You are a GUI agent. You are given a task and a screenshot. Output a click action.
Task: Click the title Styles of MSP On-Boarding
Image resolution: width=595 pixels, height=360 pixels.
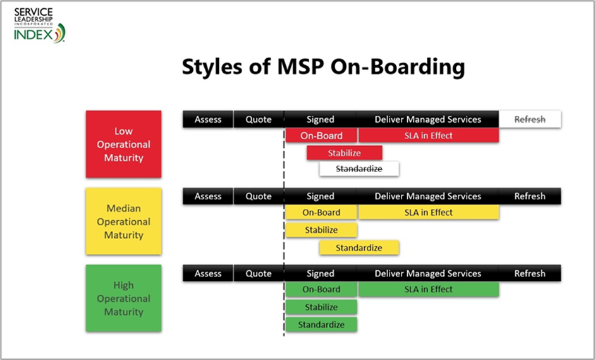(x=323, y=66)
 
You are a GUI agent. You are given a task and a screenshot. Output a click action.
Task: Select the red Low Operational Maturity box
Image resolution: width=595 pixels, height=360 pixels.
(x=124, y=144)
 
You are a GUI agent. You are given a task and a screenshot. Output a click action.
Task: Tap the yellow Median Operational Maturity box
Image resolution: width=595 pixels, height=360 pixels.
(x=124, y=221)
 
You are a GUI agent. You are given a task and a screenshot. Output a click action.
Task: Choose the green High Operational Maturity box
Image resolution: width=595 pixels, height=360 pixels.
(x=124, y=299)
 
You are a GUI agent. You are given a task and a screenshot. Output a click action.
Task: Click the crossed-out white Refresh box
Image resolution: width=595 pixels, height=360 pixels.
(x=530, y=119)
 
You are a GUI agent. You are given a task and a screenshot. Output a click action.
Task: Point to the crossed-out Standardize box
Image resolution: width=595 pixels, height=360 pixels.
(x=359, y=169)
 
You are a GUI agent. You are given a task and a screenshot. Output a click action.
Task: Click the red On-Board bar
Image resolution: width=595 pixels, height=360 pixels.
(x=321, y=135)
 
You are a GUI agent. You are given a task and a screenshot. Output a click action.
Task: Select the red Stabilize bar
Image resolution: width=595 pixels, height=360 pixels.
(x=345, y=152)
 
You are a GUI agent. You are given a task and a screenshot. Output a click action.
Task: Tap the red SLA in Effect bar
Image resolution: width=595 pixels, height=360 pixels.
(x=429, y=135)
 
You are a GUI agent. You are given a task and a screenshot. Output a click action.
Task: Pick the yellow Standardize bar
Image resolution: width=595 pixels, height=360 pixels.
(x=359, y=247)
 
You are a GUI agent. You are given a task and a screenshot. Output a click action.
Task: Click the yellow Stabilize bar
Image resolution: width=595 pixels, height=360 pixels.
(x=321, y=230)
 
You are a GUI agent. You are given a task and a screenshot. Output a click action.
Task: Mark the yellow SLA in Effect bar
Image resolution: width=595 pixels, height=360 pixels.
(x=429, y=213)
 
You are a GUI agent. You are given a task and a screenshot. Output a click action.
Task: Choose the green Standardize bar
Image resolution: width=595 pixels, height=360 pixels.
(x=321, y=325)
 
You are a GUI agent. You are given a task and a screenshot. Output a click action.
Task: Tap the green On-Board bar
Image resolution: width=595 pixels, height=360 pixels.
(x=321, y=289)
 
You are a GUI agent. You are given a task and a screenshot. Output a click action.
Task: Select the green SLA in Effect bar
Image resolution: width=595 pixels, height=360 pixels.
(x=429, y=289)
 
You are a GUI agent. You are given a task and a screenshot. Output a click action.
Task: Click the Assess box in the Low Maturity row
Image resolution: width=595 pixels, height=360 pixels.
(x=208, y=119)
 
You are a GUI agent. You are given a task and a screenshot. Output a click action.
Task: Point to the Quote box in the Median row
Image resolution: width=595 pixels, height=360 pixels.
(x=259, y=196)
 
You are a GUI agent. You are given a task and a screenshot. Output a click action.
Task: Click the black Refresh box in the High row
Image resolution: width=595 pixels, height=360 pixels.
(x=530, y=273)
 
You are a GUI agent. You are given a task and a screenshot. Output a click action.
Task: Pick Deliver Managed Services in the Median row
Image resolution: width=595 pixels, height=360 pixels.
(x=427, y=196)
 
